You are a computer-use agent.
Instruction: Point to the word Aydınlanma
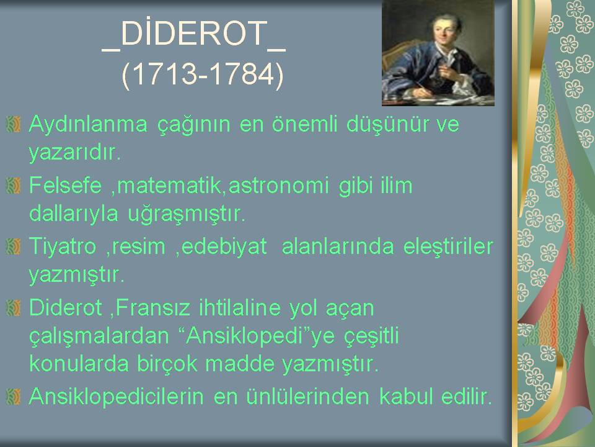88,125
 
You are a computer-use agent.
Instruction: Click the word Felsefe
66,185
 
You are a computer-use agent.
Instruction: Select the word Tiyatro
63,247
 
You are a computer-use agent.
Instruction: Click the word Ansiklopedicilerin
117,397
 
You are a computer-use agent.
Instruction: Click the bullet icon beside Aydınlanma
13,125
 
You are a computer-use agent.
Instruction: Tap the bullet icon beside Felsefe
13,186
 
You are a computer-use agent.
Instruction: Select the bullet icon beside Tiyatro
13,246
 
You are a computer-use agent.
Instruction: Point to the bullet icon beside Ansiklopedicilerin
13,397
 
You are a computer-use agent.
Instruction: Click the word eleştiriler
448,246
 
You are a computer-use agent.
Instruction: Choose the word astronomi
278,186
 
